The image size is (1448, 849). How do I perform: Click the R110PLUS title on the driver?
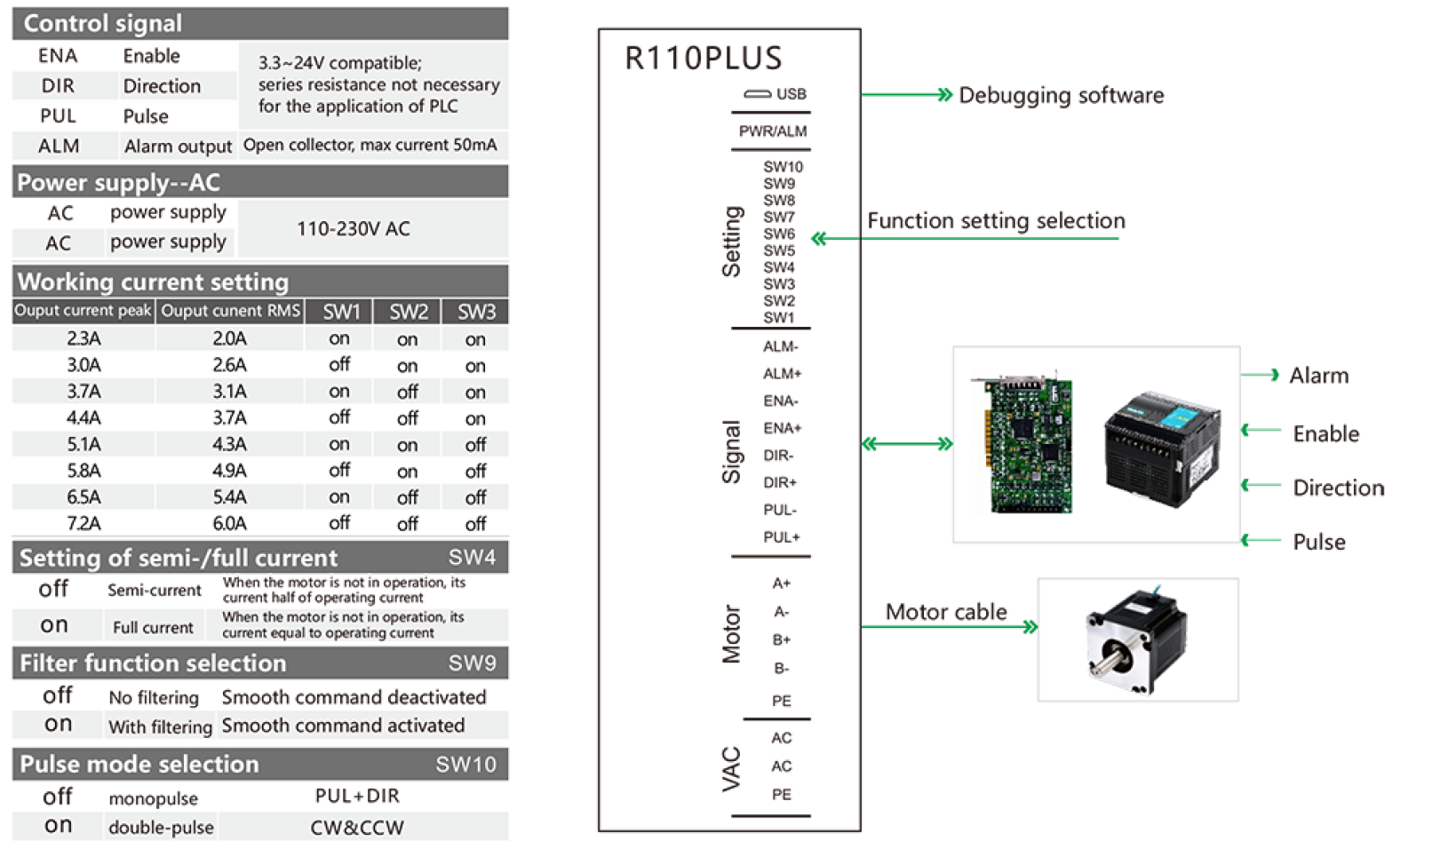click(x=703, y=59)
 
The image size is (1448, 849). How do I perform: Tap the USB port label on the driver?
click(x=790, y=94)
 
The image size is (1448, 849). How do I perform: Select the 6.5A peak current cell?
click(x=84, y=497)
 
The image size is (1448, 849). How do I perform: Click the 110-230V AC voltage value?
click(x=354, y=229)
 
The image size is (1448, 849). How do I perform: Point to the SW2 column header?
click(x=408, y=312)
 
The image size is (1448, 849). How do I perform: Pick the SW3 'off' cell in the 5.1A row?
click(x=475, y=445)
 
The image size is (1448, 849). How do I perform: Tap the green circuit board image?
click(x=1021, y=441)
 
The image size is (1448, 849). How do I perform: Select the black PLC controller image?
click(x=1162, y=448)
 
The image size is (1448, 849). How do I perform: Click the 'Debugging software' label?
click(x=1061, y=96)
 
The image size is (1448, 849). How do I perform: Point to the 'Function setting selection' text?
click(x=996, y=221)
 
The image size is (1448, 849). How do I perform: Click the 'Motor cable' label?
click(x=945, y=612)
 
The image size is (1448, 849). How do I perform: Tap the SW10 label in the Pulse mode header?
click(x=465, y=765)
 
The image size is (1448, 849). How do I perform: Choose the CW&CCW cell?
click(x=357, y=828)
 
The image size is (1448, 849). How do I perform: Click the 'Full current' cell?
click(x=153, y=627)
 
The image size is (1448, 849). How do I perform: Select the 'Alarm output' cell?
click(x=178, y=147)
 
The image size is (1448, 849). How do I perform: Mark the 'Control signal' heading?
click(x=103, y=24)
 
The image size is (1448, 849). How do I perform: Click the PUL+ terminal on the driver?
click(x=781, y=537)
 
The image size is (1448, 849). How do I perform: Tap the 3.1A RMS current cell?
click(x=229, y=392)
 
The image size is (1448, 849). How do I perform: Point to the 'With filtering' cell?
click(x=160, y=726)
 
